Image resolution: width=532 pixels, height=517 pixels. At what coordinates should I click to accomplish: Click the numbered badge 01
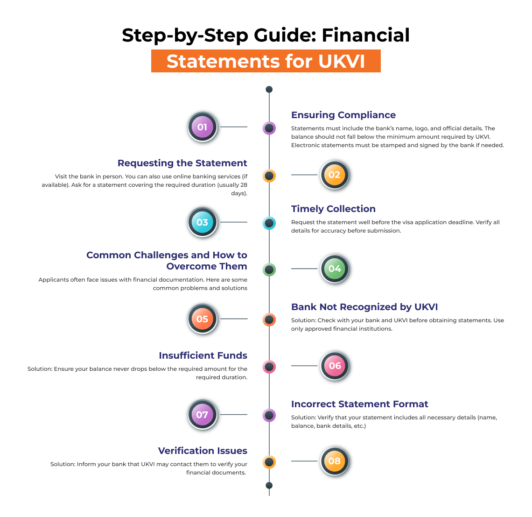click(202, 127)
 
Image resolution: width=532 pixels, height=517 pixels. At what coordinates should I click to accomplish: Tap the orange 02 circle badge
click(335, 175)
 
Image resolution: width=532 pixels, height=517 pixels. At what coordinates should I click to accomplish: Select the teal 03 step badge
click(202, 222)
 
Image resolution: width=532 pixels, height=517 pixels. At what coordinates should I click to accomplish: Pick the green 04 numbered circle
click(335, 269)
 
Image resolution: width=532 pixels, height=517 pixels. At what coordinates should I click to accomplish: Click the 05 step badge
click(202, 319)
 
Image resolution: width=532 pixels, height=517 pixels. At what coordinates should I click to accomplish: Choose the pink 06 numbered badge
click(335, 366)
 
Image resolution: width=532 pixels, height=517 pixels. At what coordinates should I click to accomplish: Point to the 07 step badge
click(202, 415)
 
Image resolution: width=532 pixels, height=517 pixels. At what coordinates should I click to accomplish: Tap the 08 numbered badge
click(335, 461)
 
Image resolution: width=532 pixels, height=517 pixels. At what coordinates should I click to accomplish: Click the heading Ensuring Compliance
click(343, 115)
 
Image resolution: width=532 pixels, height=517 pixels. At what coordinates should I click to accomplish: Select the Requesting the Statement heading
click(182, 163)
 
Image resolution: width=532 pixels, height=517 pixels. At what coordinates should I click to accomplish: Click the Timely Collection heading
click(333, 209)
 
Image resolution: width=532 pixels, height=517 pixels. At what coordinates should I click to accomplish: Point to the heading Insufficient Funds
click(203, 355)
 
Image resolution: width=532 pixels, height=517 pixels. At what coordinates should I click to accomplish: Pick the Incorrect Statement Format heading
click(359, 404)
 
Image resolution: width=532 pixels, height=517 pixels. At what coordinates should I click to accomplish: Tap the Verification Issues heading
click(203, 451)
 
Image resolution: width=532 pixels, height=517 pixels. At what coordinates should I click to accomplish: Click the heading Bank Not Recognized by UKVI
click(364, 307)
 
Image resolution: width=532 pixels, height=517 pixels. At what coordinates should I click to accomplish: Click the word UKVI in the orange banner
click(342, 62)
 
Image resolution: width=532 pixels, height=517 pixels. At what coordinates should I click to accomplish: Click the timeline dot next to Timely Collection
click(269, 223)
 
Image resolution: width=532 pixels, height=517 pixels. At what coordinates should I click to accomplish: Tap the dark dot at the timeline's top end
click(269, 89)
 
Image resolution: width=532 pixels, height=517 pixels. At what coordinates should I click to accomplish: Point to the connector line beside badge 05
click(233, 319)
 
